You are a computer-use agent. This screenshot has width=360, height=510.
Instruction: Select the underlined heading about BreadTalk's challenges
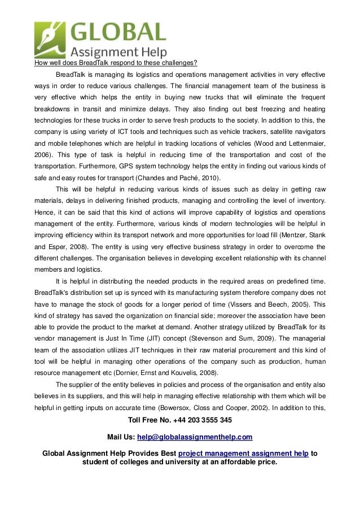click(x=116, y=63)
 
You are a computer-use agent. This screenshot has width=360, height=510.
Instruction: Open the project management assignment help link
click(x=243, y=453)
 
